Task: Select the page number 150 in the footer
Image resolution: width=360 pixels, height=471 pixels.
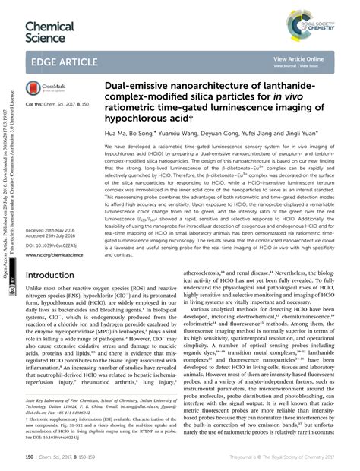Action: click(x=30, y=457)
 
